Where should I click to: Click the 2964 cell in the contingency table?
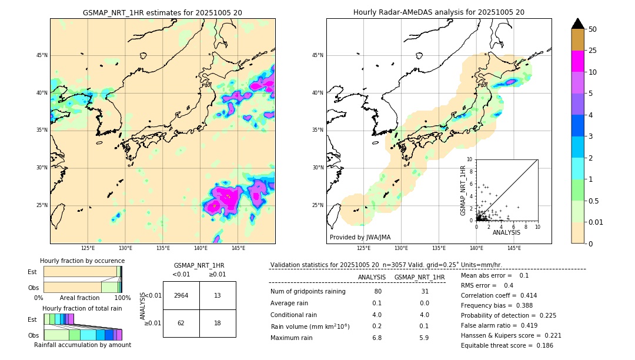tap(181, 295)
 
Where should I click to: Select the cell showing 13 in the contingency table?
tap(218, 295)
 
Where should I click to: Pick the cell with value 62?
tap(181, 323)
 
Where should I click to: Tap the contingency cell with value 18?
tap(218, 323)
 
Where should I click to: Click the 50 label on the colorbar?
tap(593, 29)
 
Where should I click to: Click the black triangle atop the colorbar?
tap(578, 24)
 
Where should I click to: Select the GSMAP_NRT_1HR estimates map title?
tap(162, 12)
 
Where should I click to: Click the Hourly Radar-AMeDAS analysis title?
tap(439, 12)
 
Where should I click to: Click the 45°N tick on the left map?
tap(42, 55)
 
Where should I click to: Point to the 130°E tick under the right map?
tap(401, 248)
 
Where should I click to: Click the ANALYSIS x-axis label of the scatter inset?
tap(506, 232)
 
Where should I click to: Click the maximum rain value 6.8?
tap(377, 338)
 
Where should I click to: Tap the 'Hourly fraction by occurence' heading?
tap(82, 261)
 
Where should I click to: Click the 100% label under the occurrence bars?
tap(122, 298)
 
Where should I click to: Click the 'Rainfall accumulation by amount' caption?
tap(82, 345)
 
